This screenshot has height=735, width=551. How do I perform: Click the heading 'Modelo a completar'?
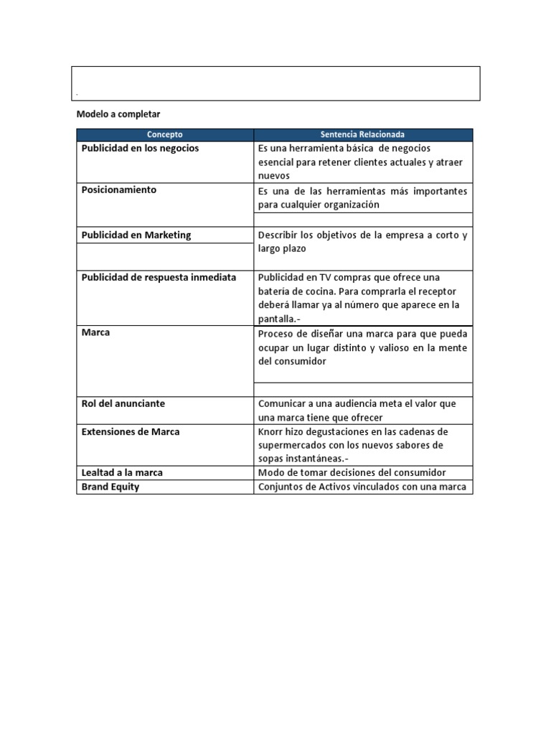point(118,114)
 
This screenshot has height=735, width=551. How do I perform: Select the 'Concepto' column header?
point(165,134)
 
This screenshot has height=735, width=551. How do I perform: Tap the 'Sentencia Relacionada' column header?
point(362,134)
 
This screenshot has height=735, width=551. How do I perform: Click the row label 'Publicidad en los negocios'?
point(140,149)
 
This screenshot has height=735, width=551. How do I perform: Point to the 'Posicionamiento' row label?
point(118,190)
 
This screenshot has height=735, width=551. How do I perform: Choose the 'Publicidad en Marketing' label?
point(136,235)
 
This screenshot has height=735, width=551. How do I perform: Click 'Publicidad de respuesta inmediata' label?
point(159,277)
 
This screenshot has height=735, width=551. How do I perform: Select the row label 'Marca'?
point(95,333)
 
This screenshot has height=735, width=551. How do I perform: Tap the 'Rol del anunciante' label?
point(123,403)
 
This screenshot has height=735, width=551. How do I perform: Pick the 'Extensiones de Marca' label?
point(131,431)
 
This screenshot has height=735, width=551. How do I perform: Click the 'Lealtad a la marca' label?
point(122,472)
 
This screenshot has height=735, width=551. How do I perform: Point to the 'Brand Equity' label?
point(110,487)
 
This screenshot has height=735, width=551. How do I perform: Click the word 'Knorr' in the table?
point(271,431)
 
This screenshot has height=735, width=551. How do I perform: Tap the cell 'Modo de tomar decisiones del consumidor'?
point(352,472)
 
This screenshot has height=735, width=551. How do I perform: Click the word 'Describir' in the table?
point(278,235)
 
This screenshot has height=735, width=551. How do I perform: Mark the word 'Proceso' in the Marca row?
point(275,334)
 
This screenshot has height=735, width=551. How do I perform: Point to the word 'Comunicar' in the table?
point(281,403)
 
